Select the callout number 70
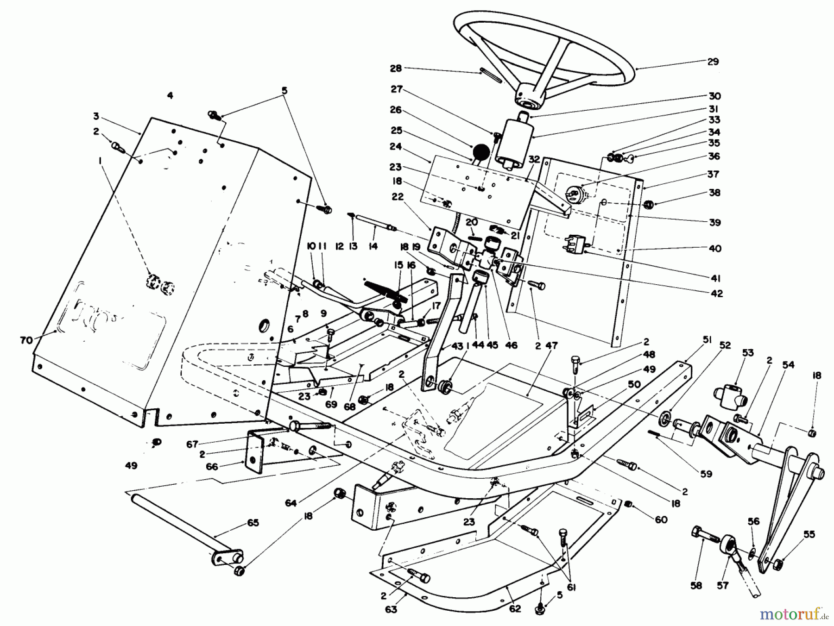(x=26, y=340)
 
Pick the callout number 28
(x=395, y=69)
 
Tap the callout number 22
(x=398, y=197)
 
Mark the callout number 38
(x=714, y=193)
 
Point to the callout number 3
(x=96, y=116)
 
